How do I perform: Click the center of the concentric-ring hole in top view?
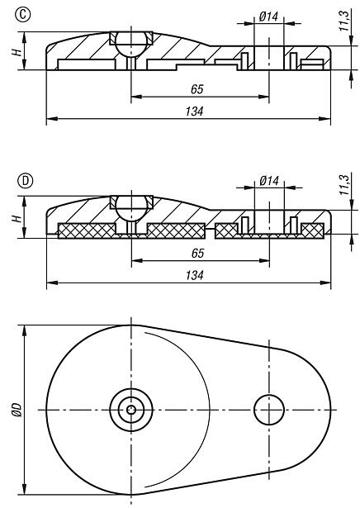[130, 408]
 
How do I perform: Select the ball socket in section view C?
[130, 42]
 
